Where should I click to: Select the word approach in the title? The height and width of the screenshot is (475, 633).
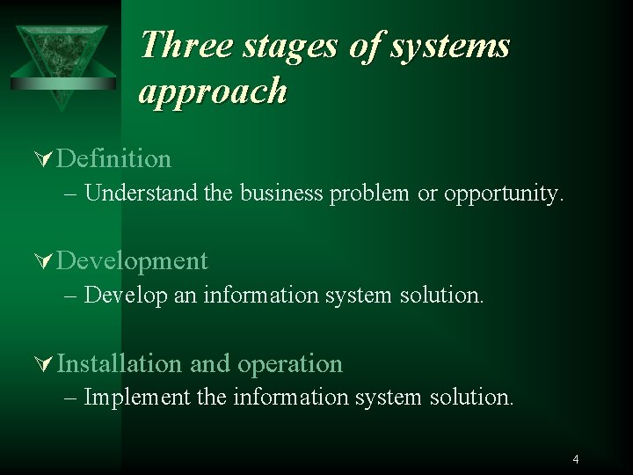pyautogui.click(x=213, y=90)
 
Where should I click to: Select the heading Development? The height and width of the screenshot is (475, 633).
pyautogui.click(x=133, y=261)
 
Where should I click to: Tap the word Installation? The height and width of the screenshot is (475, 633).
pyautogui.click(x=120, y=363)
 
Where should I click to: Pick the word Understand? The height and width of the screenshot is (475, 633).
pyautogui.click(x=142, y=193)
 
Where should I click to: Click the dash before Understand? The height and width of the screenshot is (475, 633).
pyautogui.click(x=72, y=193)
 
